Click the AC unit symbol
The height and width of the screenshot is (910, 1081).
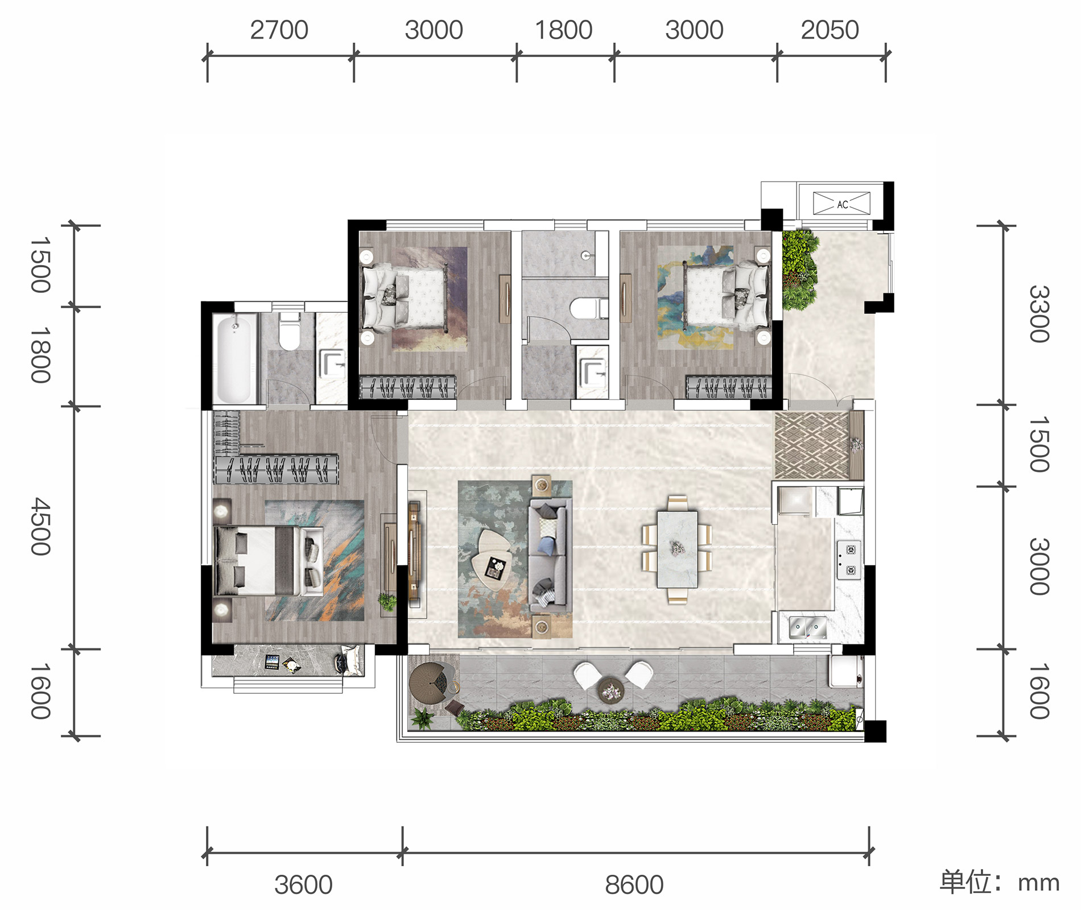[x=841, y=203]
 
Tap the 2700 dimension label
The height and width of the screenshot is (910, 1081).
[x=279, y=30]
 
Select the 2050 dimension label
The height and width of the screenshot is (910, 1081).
[x=830, y=30]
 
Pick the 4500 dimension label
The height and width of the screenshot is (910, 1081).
[x=40, y=526]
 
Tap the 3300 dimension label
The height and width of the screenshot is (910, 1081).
[x=1039, y=314]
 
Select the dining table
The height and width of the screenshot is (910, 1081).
[x=677, y=549]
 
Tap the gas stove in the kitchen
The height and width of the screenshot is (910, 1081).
[x=848, y=560]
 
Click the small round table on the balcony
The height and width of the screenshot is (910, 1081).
[x=610, y=690]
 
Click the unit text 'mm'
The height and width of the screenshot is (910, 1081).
[x=1038, y=883]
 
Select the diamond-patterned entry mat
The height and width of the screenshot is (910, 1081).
[x=812, y=445]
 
